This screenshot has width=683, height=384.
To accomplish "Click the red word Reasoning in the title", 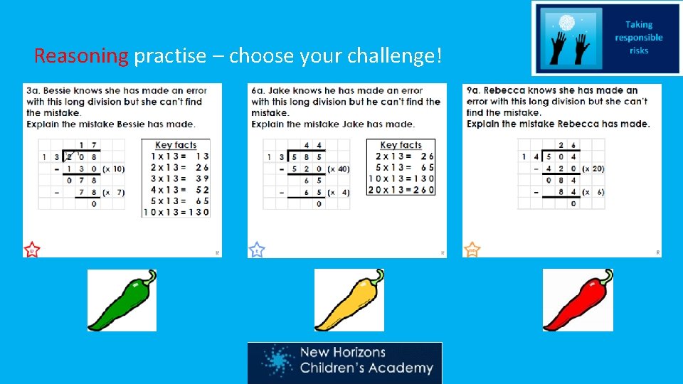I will point(81,55).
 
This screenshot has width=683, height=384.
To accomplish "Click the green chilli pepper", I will point(122,300).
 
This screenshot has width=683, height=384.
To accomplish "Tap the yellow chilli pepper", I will point(349,300).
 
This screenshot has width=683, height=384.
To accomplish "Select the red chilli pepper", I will point(577,300).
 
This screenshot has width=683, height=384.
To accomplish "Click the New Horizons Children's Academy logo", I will point(344,362).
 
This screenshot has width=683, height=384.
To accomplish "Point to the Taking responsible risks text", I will point(638,38).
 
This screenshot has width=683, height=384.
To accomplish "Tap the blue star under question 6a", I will point(257,250).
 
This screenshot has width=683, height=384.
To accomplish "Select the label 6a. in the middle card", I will point(258,91).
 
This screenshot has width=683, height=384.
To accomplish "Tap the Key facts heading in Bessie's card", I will point(176,145).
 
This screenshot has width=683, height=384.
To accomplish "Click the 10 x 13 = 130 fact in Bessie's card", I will point(176,212).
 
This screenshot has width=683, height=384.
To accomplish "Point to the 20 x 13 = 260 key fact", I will point(401,190).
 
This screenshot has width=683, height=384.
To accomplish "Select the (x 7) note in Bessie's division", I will point(114,192).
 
